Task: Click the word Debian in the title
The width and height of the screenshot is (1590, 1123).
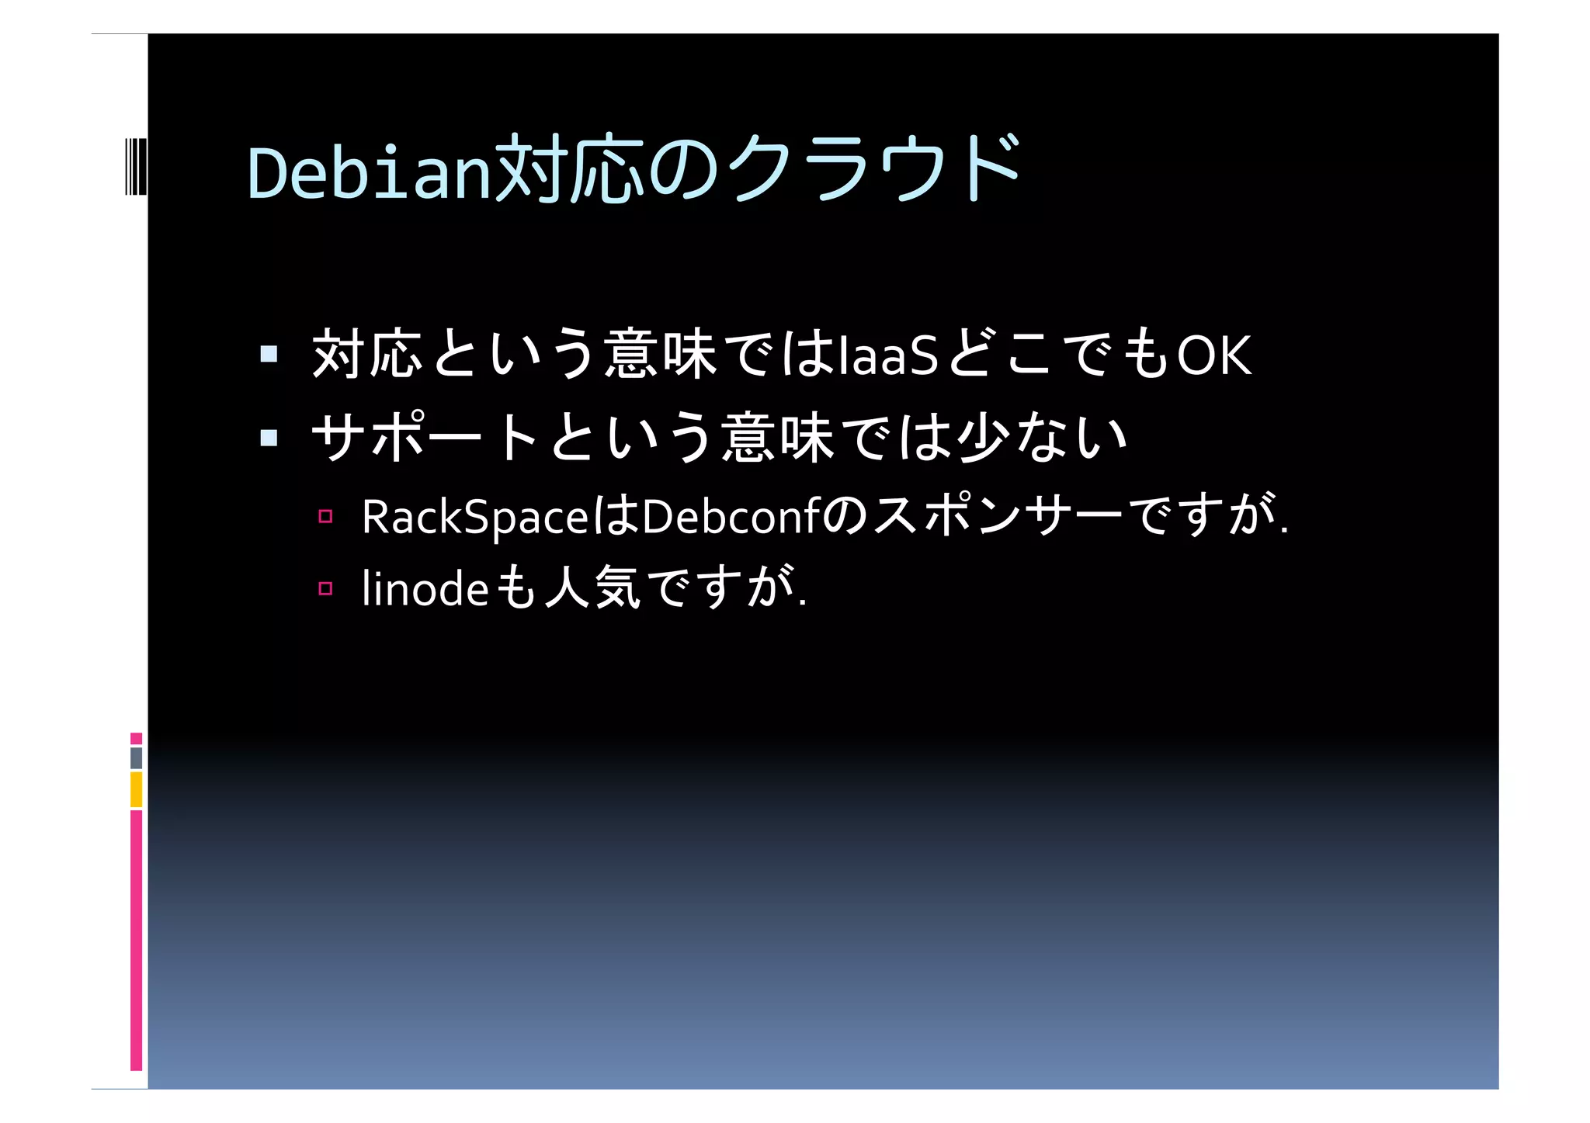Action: click(x=370, y=172)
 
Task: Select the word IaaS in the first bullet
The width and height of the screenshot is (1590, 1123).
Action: click(x=890, y=355)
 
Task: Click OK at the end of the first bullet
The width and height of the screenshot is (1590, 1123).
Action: click(x=1214, y=355)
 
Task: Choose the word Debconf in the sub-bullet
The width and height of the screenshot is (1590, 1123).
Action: click(x=731, y=517)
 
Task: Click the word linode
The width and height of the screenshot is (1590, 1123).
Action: click(x=425, y=588)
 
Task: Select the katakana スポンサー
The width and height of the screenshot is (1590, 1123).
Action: click(x=998, y=515)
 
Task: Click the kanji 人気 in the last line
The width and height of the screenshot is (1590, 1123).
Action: click(x=592, y=587)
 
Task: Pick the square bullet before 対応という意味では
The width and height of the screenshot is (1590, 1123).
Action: click(x=269, y=355)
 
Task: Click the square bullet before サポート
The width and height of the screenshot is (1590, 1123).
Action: click(x=269, y=438)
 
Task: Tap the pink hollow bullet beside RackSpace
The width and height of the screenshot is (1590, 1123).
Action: click(x=325, y=516)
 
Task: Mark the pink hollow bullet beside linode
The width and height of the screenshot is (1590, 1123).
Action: click(x=325, y=588)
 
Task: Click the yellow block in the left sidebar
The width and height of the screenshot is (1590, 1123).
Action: click(x=136, y=789)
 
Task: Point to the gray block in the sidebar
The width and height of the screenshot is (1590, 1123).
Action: click(x=136, y=757)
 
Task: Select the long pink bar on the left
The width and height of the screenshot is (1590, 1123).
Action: click(x=136, y=939)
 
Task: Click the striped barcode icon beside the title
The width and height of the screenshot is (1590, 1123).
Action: click(x=135, y=166)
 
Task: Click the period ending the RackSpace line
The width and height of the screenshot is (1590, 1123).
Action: click(x=1284, y=532)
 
